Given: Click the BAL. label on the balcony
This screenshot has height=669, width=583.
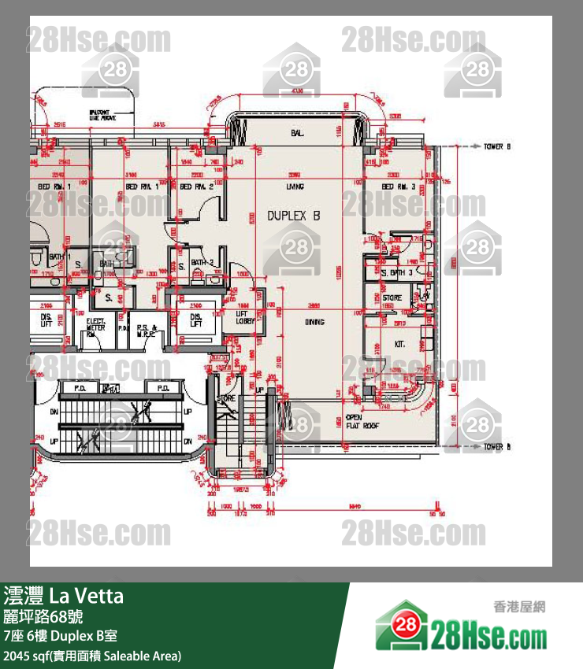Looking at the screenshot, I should (x=297, y=134).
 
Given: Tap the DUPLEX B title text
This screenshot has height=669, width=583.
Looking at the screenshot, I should (x=294, y=215).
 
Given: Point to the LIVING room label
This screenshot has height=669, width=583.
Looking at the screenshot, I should (x=295, y=187).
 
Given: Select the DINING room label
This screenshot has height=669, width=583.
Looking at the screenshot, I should (x=315, y=321).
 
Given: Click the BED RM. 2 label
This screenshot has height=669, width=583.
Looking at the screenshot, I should (x=197, y=187).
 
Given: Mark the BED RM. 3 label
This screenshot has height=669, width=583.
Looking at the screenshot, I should (x=398, y=187).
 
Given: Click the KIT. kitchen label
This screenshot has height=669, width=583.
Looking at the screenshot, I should (x=400, y=344).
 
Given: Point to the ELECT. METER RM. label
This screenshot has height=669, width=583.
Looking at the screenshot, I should (x=96, y=327).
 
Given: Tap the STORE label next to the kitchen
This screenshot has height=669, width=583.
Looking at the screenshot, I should (x=392, y=298).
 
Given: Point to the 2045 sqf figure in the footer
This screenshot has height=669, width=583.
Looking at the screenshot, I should (x=24, y=655).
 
